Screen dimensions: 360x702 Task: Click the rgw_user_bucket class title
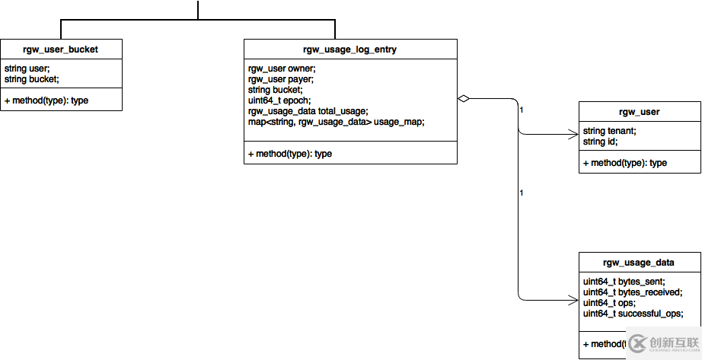click(61, 50)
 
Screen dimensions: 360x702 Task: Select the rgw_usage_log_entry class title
click(350, 50)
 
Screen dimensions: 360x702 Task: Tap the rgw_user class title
click(639, 112)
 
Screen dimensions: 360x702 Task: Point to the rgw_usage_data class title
click(639, 263)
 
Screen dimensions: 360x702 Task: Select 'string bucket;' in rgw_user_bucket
click(32, 78)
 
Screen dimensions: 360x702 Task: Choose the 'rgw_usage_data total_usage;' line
click(308, 111)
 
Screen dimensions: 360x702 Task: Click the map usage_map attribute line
click(336, 122)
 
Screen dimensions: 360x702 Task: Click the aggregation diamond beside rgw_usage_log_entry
click(463, 98)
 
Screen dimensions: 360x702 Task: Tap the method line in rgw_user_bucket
click(46, 100)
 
